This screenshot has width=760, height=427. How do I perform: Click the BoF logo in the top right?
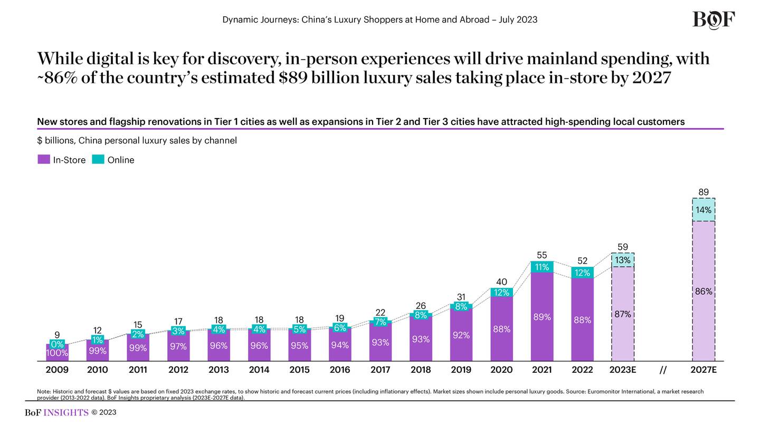[x=714, y=20]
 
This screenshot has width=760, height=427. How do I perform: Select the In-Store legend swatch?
[x=44, y=160]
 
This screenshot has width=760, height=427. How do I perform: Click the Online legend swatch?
[x=98, y=160]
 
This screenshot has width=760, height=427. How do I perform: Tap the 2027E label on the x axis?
[x=704, y=370]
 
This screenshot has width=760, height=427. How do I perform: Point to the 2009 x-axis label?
[x=57, y=370]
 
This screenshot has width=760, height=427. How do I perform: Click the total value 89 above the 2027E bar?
[x=704, y=192]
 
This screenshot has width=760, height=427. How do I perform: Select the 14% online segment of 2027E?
[x=704, y=210]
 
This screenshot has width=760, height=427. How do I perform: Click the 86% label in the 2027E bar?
[x=704, y=292]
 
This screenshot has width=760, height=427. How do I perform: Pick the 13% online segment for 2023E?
[x=623, y=260]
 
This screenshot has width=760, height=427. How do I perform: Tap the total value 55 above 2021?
[x=542, y=255]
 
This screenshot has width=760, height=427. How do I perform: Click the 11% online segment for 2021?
[x=542, y=267]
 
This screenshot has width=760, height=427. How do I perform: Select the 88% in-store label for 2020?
[x=501, y=329]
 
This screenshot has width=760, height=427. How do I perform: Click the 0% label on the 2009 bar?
[x=57, y=344]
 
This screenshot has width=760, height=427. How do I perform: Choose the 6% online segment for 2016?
[x=340, y=328]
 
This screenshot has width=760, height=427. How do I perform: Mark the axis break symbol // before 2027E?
[x=663, y=370]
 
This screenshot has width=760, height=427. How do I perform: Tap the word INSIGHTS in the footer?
[x=66, y=413]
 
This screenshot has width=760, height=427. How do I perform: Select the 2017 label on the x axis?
[x=380, y=370]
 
